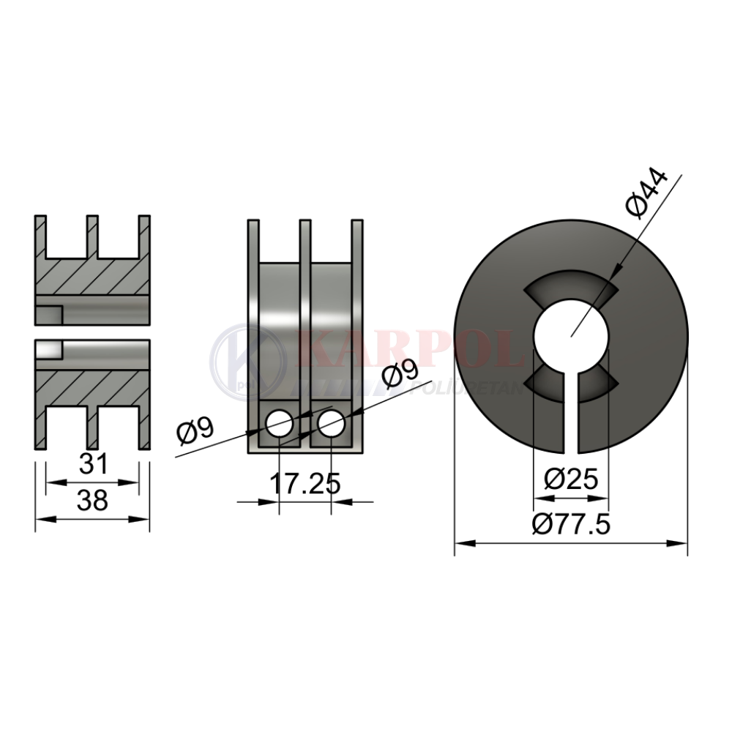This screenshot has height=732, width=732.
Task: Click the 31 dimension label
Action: (94, 463)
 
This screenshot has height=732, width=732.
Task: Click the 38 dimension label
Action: (92, 500)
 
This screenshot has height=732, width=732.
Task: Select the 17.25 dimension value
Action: (305, 484)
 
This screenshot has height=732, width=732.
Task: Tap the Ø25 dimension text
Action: (571, 479)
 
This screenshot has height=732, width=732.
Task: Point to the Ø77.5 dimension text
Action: (571, 525)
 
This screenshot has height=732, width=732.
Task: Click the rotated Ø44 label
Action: (646, 193)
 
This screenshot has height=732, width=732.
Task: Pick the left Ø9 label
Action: (195, 430)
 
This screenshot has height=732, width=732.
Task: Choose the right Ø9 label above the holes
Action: (400, 374)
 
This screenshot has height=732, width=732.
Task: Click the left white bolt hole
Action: (280, 424)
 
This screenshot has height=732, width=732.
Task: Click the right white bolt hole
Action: (331, 424)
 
